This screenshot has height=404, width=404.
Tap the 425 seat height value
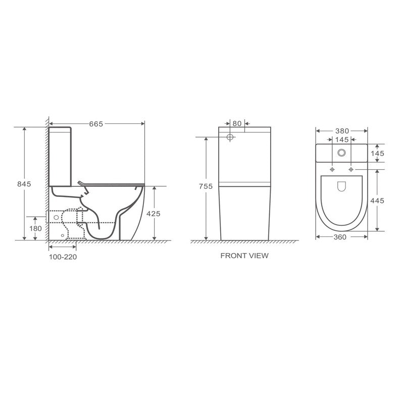153,214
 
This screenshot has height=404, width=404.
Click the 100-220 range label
63,257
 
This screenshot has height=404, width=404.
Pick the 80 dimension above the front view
237,123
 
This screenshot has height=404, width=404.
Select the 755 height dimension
205,187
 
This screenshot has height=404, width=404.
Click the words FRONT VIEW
244,256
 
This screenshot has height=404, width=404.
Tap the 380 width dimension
341,130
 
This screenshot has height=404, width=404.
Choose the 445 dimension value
377,200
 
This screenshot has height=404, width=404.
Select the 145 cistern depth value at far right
377,153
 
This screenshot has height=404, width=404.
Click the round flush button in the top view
342,153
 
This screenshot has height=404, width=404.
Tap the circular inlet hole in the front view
230,137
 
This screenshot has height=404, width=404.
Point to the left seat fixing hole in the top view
332,169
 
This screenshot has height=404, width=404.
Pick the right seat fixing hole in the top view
351,169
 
